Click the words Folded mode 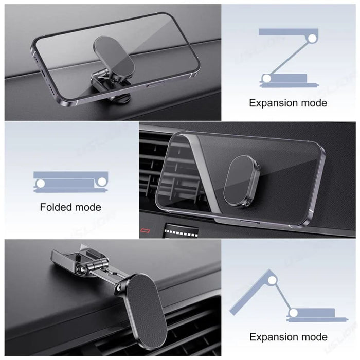coord(70,207)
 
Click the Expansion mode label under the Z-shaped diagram coord(288,103)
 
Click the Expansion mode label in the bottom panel coord(289,337)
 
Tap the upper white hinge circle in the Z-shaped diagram coord(312,39)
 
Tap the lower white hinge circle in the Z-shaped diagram coord(266,79)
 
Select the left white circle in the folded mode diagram coord(41,184)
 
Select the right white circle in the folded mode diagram coord(102,182)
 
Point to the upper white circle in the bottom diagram coord(272,280)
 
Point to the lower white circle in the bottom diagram coord(293,313)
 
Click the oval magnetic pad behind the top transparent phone coord(114,58)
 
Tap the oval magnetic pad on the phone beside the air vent coord(241,181)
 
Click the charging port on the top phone coord(43,74)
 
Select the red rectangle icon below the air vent coord(145,230)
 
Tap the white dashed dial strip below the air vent coord(182,232)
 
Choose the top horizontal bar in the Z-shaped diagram coord(289,32)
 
